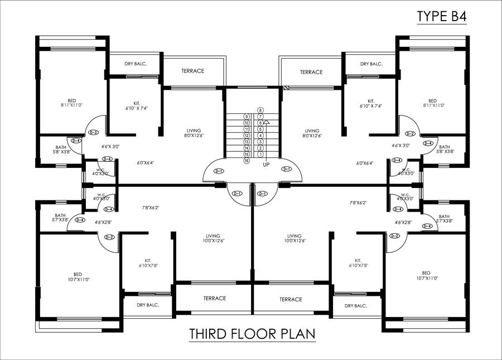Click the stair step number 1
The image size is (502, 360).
tap(260, 154)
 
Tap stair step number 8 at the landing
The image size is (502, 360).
tap(260, 110)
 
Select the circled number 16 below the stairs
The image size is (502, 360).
tap(246, 161)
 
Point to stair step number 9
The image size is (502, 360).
tap(246, 116)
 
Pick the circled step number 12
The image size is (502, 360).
tap(246, 136)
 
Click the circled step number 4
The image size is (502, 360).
tap(260, 135)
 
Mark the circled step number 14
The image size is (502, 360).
tap(246, 148)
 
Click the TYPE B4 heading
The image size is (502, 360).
tap(441, 17)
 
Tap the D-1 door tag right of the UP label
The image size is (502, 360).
tap(287, 169)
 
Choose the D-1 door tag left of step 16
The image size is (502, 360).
tap(219, 171)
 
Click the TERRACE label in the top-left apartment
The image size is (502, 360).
tap(192, 71)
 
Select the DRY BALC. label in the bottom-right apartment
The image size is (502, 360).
tap(355, 305)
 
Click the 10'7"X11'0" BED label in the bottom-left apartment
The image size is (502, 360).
tap(78, 276)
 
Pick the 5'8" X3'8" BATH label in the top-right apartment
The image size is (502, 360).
tap(444, 150)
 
